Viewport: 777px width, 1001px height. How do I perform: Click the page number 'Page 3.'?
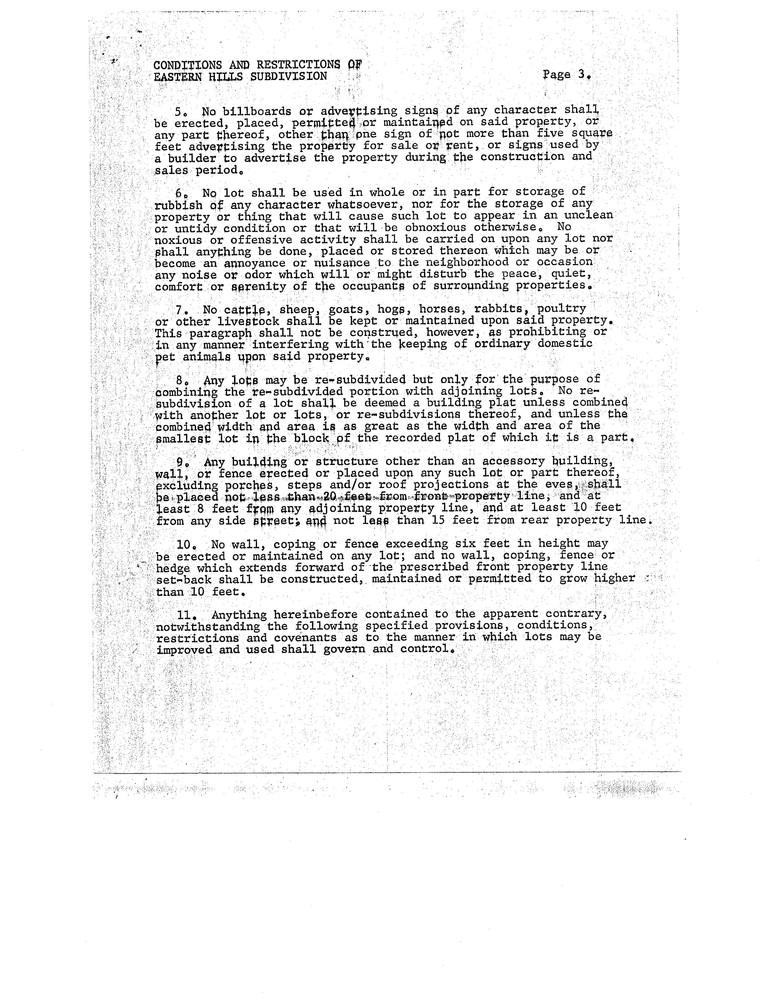tap(567, 75)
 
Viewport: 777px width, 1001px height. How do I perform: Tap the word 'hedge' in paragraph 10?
tap(173, 568)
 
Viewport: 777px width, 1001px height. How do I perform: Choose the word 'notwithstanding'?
tap(208, 626)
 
